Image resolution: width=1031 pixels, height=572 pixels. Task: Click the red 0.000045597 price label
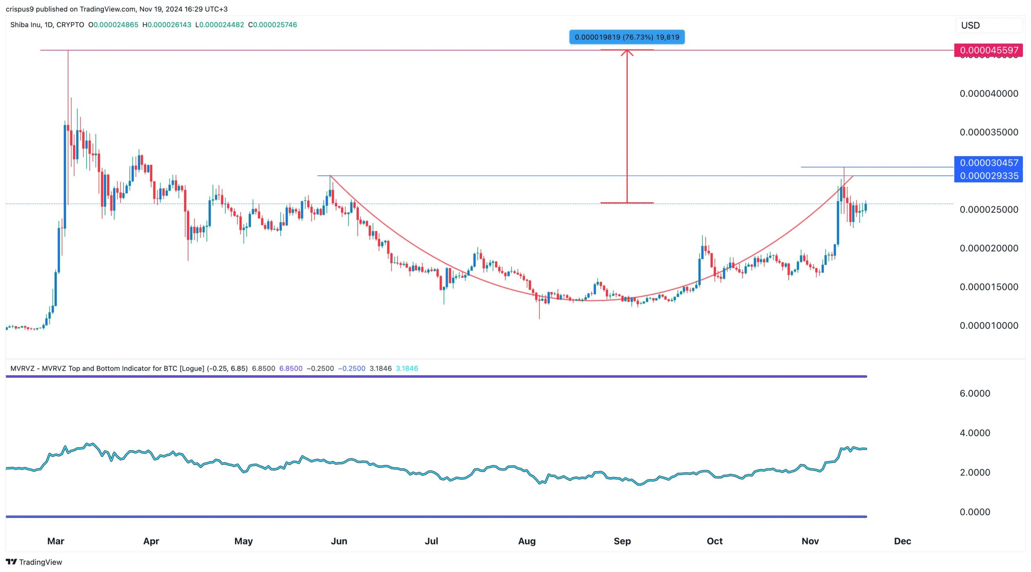988,50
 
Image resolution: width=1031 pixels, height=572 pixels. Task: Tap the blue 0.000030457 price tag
988,163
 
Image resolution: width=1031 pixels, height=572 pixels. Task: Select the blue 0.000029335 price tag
988,176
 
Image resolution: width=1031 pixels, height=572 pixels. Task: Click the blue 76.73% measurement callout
627,37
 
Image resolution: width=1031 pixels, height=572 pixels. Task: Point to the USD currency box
988,25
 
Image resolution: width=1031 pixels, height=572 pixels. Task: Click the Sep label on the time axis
622,541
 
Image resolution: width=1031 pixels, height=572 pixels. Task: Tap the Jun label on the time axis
339,541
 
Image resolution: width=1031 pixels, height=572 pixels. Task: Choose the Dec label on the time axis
902,541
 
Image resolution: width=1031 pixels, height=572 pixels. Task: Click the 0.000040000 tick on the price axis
989,93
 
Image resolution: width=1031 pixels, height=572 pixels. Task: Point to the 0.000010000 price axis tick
989,325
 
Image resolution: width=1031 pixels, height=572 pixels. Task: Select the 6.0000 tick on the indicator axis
975,393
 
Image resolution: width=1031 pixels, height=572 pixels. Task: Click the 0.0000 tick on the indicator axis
975,512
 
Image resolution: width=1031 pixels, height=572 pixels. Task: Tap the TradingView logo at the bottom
34,562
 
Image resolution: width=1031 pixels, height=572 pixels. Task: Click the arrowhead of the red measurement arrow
627,52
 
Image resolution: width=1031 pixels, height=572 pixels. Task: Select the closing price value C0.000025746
273,25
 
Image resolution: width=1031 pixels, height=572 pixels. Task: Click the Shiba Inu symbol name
25,25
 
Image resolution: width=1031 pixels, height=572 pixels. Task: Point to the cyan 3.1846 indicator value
407,368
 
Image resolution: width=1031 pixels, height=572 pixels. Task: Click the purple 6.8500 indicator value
290,368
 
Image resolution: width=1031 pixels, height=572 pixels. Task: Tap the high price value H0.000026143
167,25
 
